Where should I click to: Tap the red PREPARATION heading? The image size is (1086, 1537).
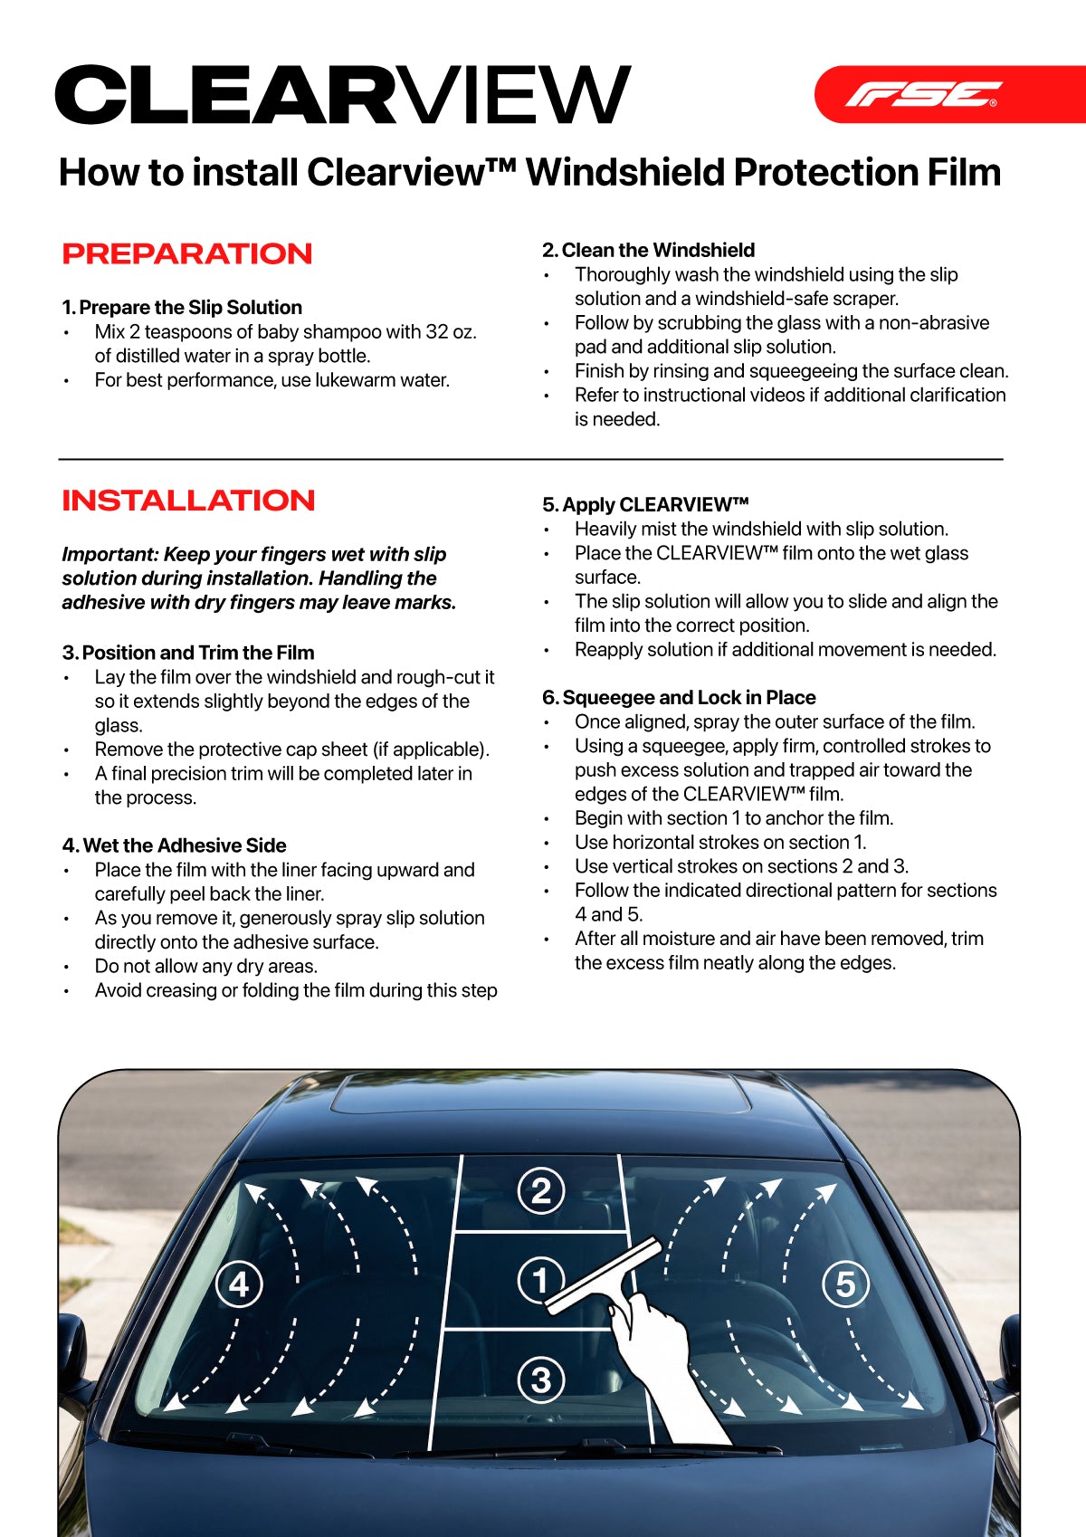(x=187, y=254)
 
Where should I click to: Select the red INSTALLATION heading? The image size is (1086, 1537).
(x=188, y=501)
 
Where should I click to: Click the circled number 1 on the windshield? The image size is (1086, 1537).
(x=540, y=1280)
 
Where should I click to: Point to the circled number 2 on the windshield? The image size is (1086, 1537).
(x=541, y=1190)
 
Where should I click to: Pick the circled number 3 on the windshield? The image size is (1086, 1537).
(x=541, y=1380)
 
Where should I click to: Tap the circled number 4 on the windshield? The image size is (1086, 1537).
(x=239, y=1284)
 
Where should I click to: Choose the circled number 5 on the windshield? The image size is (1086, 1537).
(x=845, y=1284)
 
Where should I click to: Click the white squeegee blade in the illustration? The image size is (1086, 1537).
(x=602, y=1276)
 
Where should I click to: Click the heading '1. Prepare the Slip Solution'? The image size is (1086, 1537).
(x=182, y=308)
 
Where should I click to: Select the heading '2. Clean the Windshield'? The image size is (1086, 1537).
(x=648, y=251)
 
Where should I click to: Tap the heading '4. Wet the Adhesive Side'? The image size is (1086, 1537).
(x=174, y=845)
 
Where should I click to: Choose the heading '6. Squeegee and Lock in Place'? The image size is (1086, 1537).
(x=679, y=698)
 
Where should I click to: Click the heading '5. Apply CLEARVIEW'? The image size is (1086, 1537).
(x=645, y=505)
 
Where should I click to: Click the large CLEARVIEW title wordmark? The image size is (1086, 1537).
(x=342, y=95)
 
